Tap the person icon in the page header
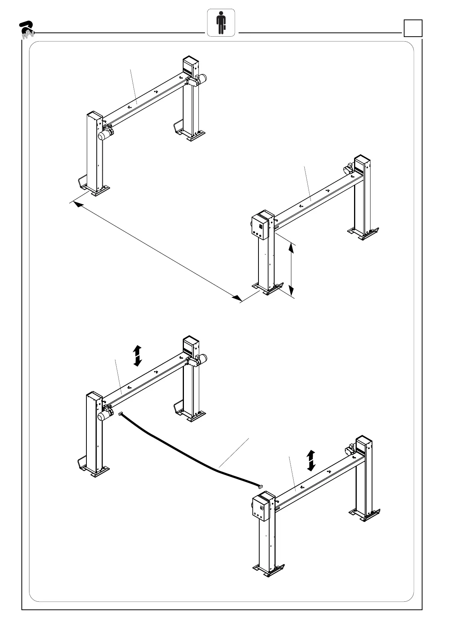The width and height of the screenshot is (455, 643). point(221,23)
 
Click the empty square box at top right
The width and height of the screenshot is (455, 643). point(413,28)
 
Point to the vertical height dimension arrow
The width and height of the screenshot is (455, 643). point(291,269)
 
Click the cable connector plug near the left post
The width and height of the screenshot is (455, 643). point(121,414)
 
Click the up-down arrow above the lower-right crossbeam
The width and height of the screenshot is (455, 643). point(311,460)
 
